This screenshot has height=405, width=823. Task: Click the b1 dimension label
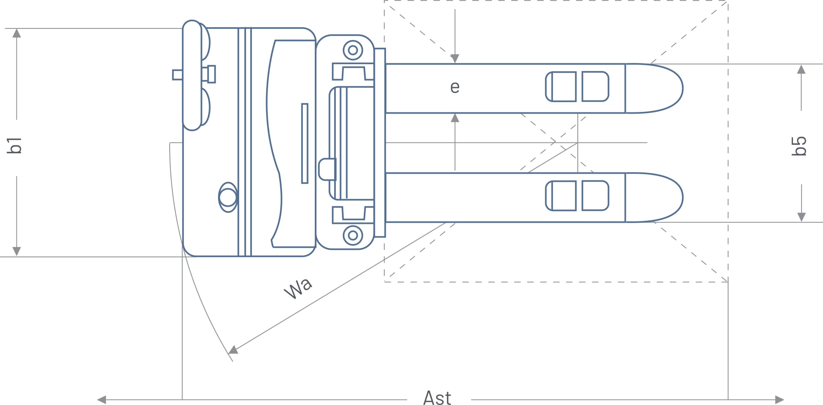pos(15,145)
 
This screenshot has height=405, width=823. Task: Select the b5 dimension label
pos(799,146)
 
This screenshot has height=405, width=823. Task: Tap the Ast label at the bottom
pos(437,398)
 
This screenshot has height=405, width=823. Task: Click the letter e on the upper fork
pos(455,87)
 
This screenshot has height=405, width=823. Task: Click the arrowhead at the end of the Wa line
pos(233,350)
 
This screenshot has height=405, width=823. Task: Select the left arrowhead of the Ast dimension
pos(102,400)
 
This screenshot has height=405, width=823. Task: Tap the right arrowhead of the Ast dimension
pos(779,400)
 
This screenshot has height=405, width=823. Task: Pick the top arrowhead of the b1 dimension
pos(16,33)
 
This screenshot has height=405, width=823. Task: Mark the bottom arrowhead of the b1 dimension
pos(16,251)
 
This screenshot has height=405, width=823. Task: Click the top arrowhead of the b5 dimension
pos(801,70)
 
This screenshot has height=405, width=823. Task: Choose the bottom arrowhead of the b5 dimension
pos(801,217)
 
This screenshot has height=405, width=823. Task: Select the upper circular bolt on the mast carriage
pos(353,50)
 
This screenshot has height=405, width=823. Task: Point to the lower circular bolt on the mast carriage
pos(353,235)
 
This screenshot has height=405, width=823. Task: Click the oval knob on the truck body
pos(228,198)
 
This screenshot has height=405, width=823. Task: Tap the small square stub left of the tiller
pos(177,75)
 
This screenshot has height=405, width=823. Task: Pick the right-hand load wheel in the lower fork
pos(595,196)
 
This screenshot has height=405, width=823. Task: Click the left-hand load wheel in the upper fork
pos(561,86)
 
